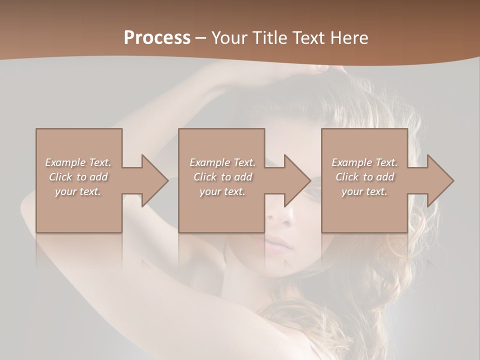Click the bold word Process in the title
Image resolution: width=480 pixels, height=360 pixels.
coord(157,38)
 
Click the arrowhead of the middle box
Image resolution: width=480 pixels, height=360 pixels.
coord(296,180)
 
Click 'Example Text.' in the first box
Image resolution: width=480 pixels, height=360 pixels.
coord(78,162)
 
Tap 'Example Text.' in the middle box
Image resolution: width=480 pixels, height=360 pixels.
coord(222,162)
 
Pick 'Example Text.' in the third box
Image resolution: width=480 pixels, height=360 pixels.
coord(364,162)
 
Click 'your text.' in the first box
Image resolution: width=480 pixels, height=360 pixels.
coord(78,191)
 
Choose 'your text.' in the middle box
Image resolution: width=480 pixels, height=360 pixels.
coord(222,191)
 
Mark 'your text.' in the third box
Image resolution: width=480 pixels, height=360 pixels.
coord(364,191)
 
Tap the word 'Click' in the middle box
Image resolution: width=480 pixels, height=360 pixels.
coord(205,177)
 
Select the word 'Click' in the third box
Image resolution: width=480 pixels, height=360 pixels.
coord(347,177)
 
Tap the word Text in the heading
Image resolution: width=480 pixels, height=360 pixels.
coord(308,38)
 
